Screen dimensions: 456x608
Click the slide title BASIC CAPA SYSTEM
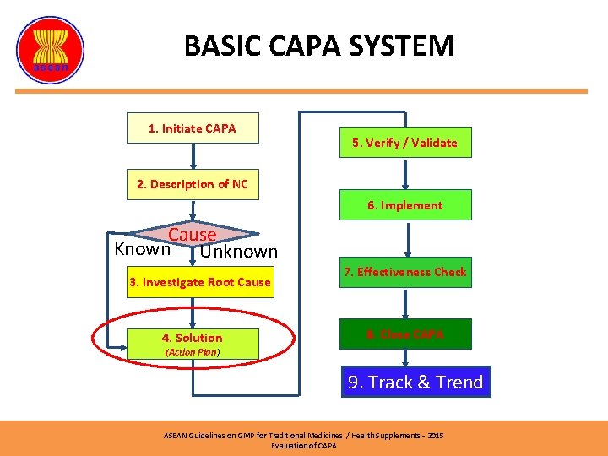(x=319, y=46)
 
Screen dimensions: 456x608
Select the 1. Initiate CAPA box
(x=193, y=128)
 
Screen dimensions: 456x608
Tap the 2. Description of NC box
(x=193, y=184)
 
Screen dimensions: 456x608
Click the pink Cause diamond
(x=193, y=235)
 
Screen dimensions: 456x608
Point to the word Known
(x=142, y=249)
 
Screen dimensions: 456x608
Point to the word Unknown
(x=239, y=252)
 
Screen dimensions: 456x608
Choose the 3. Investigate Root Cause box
(x=200, y=282)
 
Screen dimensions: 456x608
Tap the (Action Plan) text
(x=193, y=352)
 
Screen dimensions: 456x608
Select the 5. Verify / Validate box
(x=404, y=143)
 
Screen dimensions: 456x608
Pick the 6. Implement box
(x=404, y=205)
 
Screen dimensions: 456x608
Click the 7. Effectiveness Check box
(x=404, y=272)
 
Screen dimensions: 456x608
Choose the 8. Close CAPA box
(x=404, y=334)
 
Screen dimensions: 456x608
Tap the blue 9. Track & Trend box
(x=415, y=383)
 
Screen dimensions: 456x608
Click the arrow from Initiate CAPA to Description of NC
(x=193, y=156)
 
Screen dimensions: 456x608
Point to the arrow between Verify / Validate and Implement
(x=405, y=174)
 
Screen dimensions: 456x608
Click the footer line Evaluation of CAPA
(x=303, y=445)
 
